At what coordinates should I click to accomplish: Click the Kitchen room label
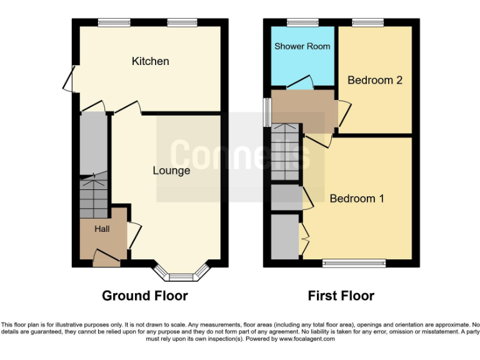point(150,61)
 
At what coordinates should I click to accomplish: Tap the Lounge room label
point(171,171)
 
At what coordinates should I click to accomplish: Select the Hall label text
point(102,229)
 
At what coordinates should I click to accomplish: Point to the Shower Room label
point(302,46)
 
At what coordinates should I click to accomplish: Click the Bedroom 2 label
point(374,80)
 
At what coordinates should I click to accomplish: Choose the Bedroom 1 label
point(357,199)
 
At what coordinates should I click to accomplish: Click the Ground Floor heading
point(144,296)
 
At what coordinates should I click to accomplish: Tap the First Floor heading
point(341,296)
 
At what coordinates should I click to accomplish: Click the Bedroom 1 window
point(354,263)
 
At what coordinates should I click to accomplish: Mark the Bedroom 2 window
point(368,22)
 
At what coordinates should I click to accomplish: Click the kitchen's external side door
point(69,79)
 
